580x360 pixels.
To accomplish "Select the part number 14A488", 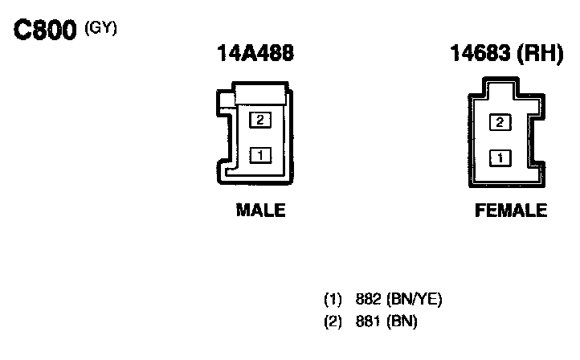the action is (255, 54).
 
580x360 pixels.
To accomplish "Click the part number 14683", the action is (481, 54).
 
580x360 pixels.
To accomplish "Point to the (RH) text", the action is (538, 54).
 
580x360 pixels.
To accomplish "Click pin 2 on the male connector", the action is (260, 120).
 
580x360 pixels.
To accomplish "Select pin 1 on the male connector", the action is (260, 154).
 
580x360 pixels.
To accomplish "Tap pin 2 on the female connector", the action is (500, 122).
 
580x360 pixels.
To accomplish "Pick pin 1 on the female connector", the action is (500, 157).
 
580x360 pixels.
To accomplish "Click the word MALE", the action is (260, 211).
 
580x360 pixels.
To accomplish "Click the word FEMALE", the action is (511, 211).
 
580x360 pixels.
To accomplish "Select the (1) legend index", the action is (333, 301).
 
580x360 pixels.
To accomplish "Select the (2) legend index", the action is (333, 321).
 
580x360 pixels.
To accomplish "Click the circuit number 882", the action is (367, 301).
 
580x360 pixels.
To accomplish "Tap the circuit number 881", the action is (367, 321).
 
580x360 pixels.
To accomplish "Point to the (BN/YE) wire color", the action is (415, 301).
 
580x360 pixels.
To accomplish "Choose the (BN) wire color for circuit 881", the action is (402, 321).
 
